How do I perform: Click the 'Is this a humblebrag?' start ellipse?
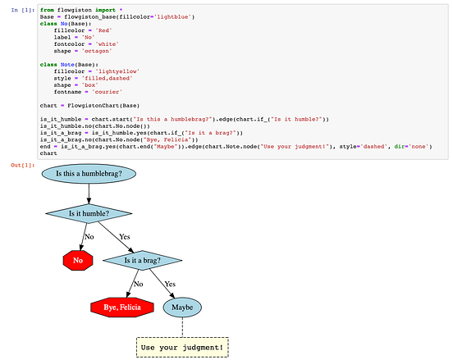coord(89,174)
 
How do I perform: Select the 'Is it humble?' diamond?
coord(89,214)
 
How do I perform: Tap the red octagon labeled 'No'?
coord(78,261)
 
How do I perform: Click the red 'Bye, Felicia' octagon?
coord(121,308)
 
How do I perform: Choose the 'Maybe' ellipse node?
coord(182,308)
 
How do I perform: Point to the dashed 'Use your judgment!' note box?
coord(182,347)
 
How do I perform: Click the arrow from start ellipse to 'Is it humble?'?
coord(89,194)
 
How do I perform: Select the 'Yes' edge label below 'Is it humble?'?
coord(125,237)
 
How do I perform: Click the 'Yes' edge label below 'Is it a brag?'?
coord(171,284)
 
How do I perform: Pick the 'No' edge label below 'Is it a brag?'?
coord(138,284)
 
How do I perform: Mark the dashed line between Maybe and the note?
coord(182,327)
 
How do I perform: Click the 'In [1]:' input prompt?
coord(21,9)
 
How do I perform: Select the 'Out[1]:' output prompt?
coord(19,166)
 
